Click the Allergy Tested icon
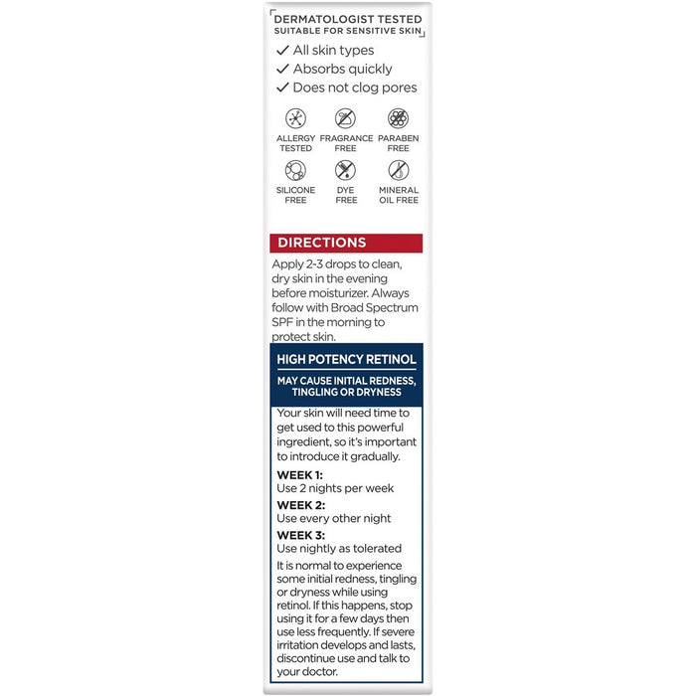tap(295, 118)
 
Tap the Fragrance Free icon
tap(345, 118)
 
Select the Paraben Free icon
tap(398, 118)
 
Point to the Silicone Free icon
tap(295, 170)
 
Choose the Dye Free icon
tap(345, 170)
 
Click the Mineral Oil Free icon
tap(398, 170)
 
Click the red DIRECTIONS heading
tap(321, 243)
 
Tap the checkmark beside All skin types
tap(282, 51)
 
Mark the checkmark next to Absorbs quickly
tap(282, 70)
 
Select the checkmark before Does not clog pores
tap(282, 88)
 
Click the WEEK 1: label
tap(299, 475)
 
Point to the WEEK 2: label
tap(300, 505)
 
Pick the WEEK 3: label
tap(300, 535)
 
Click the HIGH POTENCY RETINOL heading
tap(346, 360)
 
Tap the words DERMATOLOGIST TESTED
tap(346, 19)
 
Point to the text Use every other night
tap(333, 518)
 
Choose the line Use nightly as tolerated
tap(338, 548)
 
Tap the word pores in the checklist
tap(398, 88)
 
